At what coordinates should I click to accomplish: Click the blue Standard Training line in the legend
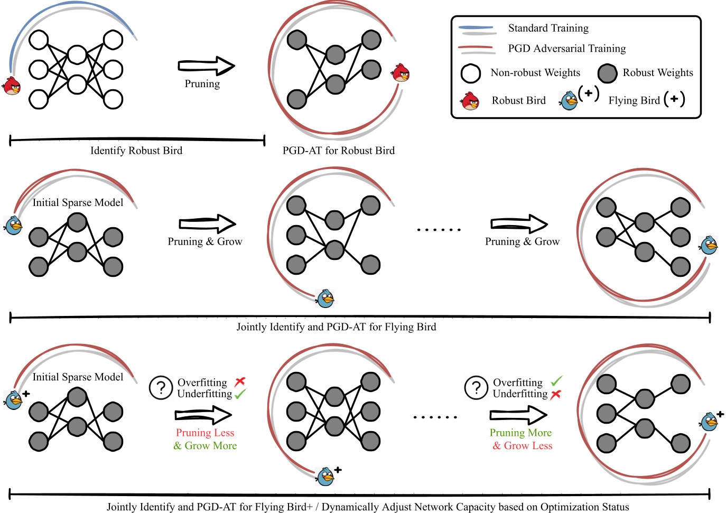click(476, 27)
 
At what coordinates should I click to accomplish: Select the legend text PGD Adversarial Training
click(566, 49)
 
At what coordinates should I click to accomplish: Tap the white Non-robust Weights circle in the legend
click(470, 73)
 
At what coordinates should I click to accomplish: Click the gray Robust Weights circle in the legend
click(607, 73)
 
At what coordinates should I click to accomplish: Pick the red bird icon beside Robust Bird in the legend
click(470, 101)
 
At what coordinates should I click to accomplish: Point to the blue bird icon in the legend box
click(569, 100)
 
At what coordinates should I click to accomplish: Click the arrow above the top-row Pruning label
click(206, 66)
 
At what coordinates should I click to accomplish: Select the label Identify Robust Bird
click(136, 151)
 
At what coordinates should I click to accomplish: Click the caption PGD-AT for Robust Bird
click(338, 151)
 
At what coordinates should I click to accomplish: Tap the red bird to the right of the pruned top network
click(401, 73)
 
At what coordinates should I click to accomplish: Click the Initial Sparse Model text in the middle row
click(78, 202)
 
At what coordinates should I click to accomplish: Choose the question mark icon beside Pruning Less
click(161, 388)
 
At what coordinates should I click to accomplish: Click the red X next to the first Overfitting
click(240, 381)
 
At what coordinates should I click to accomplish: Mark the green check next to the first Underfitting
click(240, 394)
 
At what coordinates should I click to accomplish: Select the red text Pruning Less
click(205, 433)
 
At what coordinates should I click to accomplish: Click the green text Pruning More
click(520, 433)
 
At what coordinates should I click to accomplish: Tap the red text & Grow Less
click(522, 445)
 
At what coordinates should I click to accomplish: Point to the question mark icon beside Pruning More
click(476, 388)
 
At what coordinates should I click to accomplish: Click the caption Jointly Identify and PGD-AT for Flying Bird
click(336, 327)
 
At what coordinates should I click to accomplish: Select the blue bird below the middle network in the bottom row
click(325, 477)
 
